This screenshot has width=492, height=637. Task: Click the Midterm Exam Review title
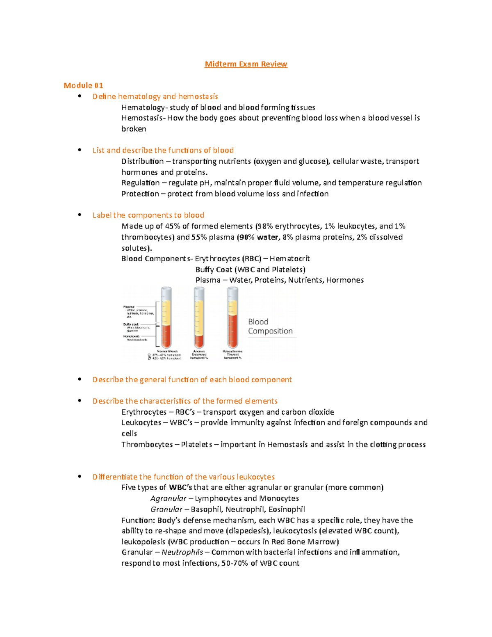[246, 64]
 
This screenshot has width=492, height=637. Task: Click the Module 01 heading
[83, 85]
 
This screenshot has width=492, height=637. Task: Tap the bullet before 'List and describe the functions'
[80, 150]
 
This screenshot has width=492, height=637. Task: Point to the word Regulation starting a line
[140, 183]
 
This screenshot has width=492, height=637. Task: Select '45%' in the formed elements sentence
[173, 226]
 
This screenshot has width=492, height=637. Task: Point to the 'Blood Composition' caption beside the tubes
[270, 326]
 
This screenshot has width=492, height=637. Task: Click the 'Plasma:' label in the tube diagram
[129, 307]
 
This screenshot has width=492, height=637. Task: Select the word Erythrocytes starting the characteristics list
[143, 412]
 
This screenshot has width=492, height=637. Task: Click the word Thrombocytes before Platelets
[147, 444]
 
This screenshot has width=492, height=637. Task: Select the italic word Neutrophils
[182, 552]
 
